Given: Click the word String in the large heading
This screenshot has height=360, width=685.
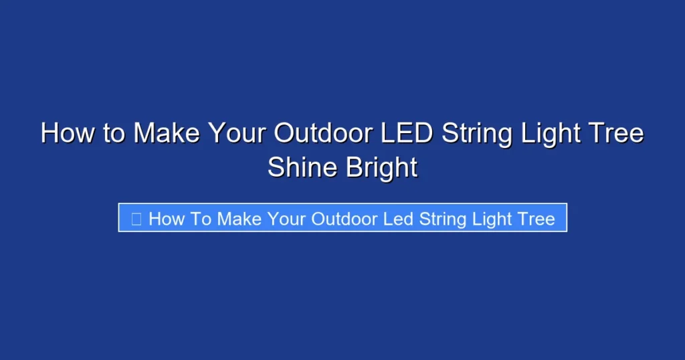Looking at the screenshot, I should click(476, 133).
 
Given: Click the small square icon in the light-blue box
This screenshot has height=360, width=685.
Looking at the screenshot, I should click(136, 219).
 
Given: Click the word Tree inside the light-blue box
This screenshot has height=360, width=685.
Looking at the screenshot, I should click(536, 219).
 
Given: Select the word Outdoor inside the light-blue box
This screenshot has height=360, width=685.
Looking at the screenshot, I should click(347, 219).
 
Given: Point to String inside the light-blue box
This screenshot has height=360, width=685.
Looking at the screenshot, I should click(443, 219).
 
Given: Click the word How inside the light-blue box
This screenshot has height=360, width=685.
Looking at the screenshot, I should click(163, 219).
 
